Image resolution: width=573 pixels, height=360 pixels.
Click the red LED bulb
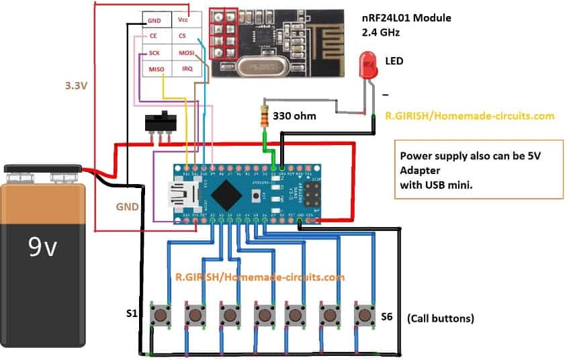369,64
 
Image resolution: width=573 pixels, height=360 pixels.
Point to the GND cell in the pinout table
154,21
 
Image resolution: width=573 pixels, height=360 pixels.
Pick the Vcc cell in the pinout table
183,21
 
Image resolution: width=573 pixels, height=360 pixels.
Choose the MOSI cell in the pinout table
186,52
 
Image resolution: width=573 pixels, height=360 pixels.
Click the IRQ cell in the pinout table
186,69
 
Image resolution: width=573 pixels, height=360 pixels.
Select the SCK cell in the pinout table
154,52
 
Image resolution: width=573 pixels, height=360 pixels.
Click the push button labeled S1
161,314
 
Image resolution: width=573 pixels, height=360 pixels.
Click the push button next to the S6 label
363,314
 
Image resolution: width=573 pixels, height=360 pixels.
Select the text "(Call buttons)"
441,318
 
